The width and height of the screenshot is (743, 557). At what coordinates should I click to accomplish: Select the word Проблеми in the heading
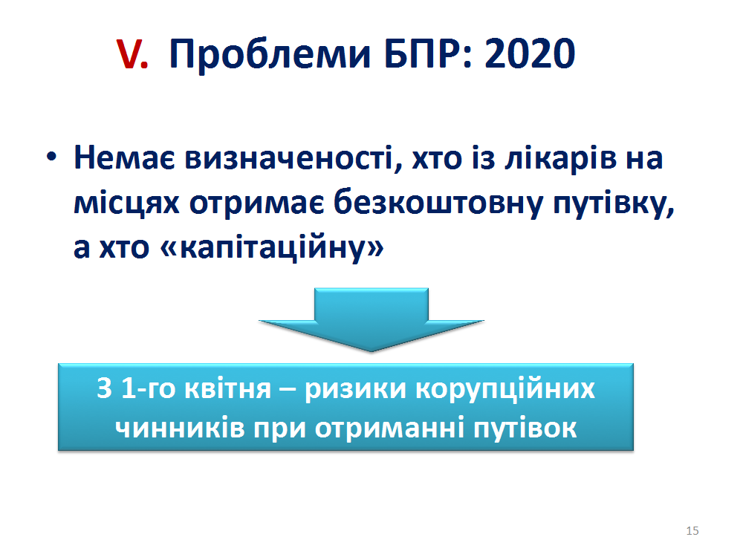269,54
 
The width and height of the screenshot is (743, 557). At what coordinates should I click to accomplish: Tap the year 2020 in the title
530,54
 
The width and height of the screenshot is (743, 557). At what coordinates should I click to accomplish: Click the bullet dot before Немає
52,156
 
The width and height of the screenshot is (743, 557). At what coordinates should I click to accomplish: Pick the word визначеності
291,157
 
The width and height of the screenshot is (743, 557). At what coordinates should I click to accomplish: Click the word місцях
126,203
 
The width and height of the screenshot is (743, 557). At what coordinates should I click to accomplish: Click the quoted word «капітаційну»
272,247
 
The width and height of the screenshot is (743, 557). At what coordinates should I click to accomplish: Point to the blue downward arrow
371,319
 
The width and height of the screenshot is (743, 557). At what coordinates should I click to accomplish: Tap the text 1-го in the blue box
149,389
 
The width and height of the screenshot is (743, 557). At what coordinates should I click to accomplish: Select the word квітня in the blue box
227,390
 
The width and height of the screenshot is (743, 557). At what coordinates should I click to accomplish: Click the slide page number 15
692,530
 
